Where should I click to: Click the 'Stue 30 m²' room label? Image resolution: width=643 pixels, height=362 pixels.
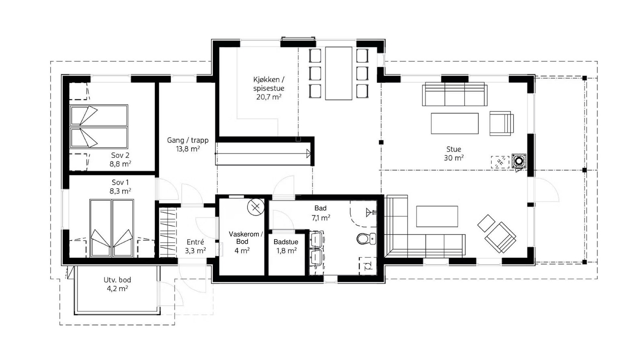[x=454, y=154]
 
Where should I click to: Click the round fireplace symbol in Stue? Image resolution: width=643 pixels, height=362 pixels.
[x=519, y=161]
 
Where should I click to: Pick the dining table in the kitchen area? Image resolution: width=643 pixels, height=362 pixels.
[x=338, y=73]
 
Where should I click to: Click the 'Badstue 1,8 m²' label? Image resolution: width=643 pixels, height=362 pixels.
[x=286, y=246]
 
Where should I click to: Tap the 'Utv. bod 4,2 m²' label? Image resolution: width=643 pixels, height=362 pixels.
[x=117, y=284]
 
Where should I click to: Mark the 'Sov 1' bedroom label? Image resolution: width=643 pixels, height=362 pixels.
[x=120, y=187]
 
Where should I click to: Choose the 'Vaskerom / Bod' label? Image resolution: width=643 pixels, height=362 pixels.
[x=245, y=238]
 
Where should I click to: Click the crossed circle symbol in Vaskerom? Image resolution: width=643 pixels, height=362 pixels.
[x=255, y=207]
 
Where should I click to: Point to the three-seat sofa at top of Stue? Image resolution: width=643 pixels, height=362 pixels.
[x=455, y=94]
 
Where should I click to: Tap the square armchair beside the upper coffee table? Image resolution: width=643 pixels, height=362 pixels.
[x=501, y=123]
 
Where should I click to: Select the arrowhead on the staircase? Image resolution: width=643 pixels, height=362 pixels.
[x=308, y=153]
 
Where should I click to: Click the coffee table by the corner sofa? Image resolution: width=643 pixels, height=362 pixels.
[x=437, y=216]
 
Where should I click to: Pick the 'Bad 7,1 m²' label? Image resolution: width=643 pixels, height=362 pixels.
[x=320, y=213]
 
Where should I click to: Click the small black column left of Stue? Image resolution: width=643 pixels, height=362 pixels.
[x=381, y=142]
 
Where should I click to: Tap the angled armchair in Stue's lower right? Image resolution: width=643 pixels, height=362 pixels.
[x=500, y=237]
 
